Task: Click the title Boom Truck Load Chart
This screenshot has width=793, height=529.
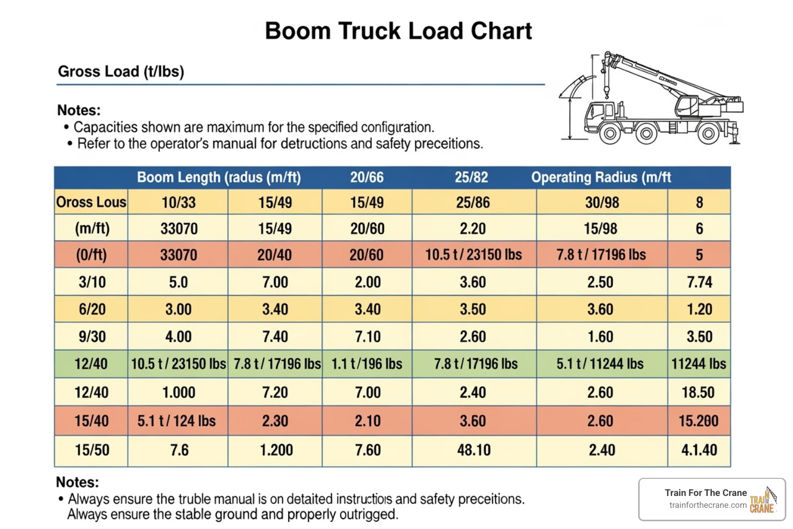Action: click(x=398, y=31)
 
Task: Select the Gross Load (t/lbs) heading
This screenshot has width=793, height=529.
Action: click(x=121, y=71)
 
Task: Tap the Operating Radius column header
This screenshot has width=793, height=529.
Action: click(x=601, y=177)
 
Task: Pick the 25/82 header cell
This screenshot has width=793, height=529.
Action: click(x=471, y=177)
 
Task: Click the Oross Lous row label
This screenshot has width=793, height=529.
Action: click(x=91, y=202)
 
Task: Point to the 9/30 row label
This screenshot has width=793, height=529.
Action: click(x=92, y=336)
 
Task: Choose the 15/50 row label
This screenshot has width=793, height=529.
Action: click(x=92, y=450)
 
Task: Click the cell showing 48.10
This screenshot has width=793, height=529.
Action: click(x=473, y=450)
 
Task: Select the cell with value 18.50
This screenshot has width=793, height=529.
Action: click(x=698, y=392)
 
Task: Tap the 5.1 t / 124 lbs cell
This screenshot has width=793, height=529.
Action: click(x=177, y=421)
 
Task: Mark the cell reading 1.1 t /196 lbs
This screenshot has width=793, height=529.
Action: click(x=367, y=364)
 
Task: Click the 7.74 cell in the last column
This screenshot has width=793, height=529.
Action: click(x=699, y=282)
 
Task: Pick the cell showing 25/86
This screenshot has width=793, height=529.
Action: click(x=473, y=202)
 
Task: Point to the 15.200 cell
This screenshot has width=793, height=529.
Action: click(x=698, y=421)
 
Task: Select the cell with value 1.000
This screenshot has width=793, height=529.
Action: click(x=179, y=392)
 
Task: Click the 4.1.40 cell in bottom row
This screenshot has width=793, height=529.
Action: click(x=699, y=450)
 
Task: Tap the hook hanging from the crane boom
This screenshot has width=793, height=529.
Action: click(x=607, y=93)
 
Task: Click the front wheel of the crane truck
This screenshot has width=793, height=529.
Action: click(x=610, y=134)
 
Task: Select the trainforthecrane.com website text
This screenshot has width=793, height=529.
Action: click(x=708, y=505)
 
